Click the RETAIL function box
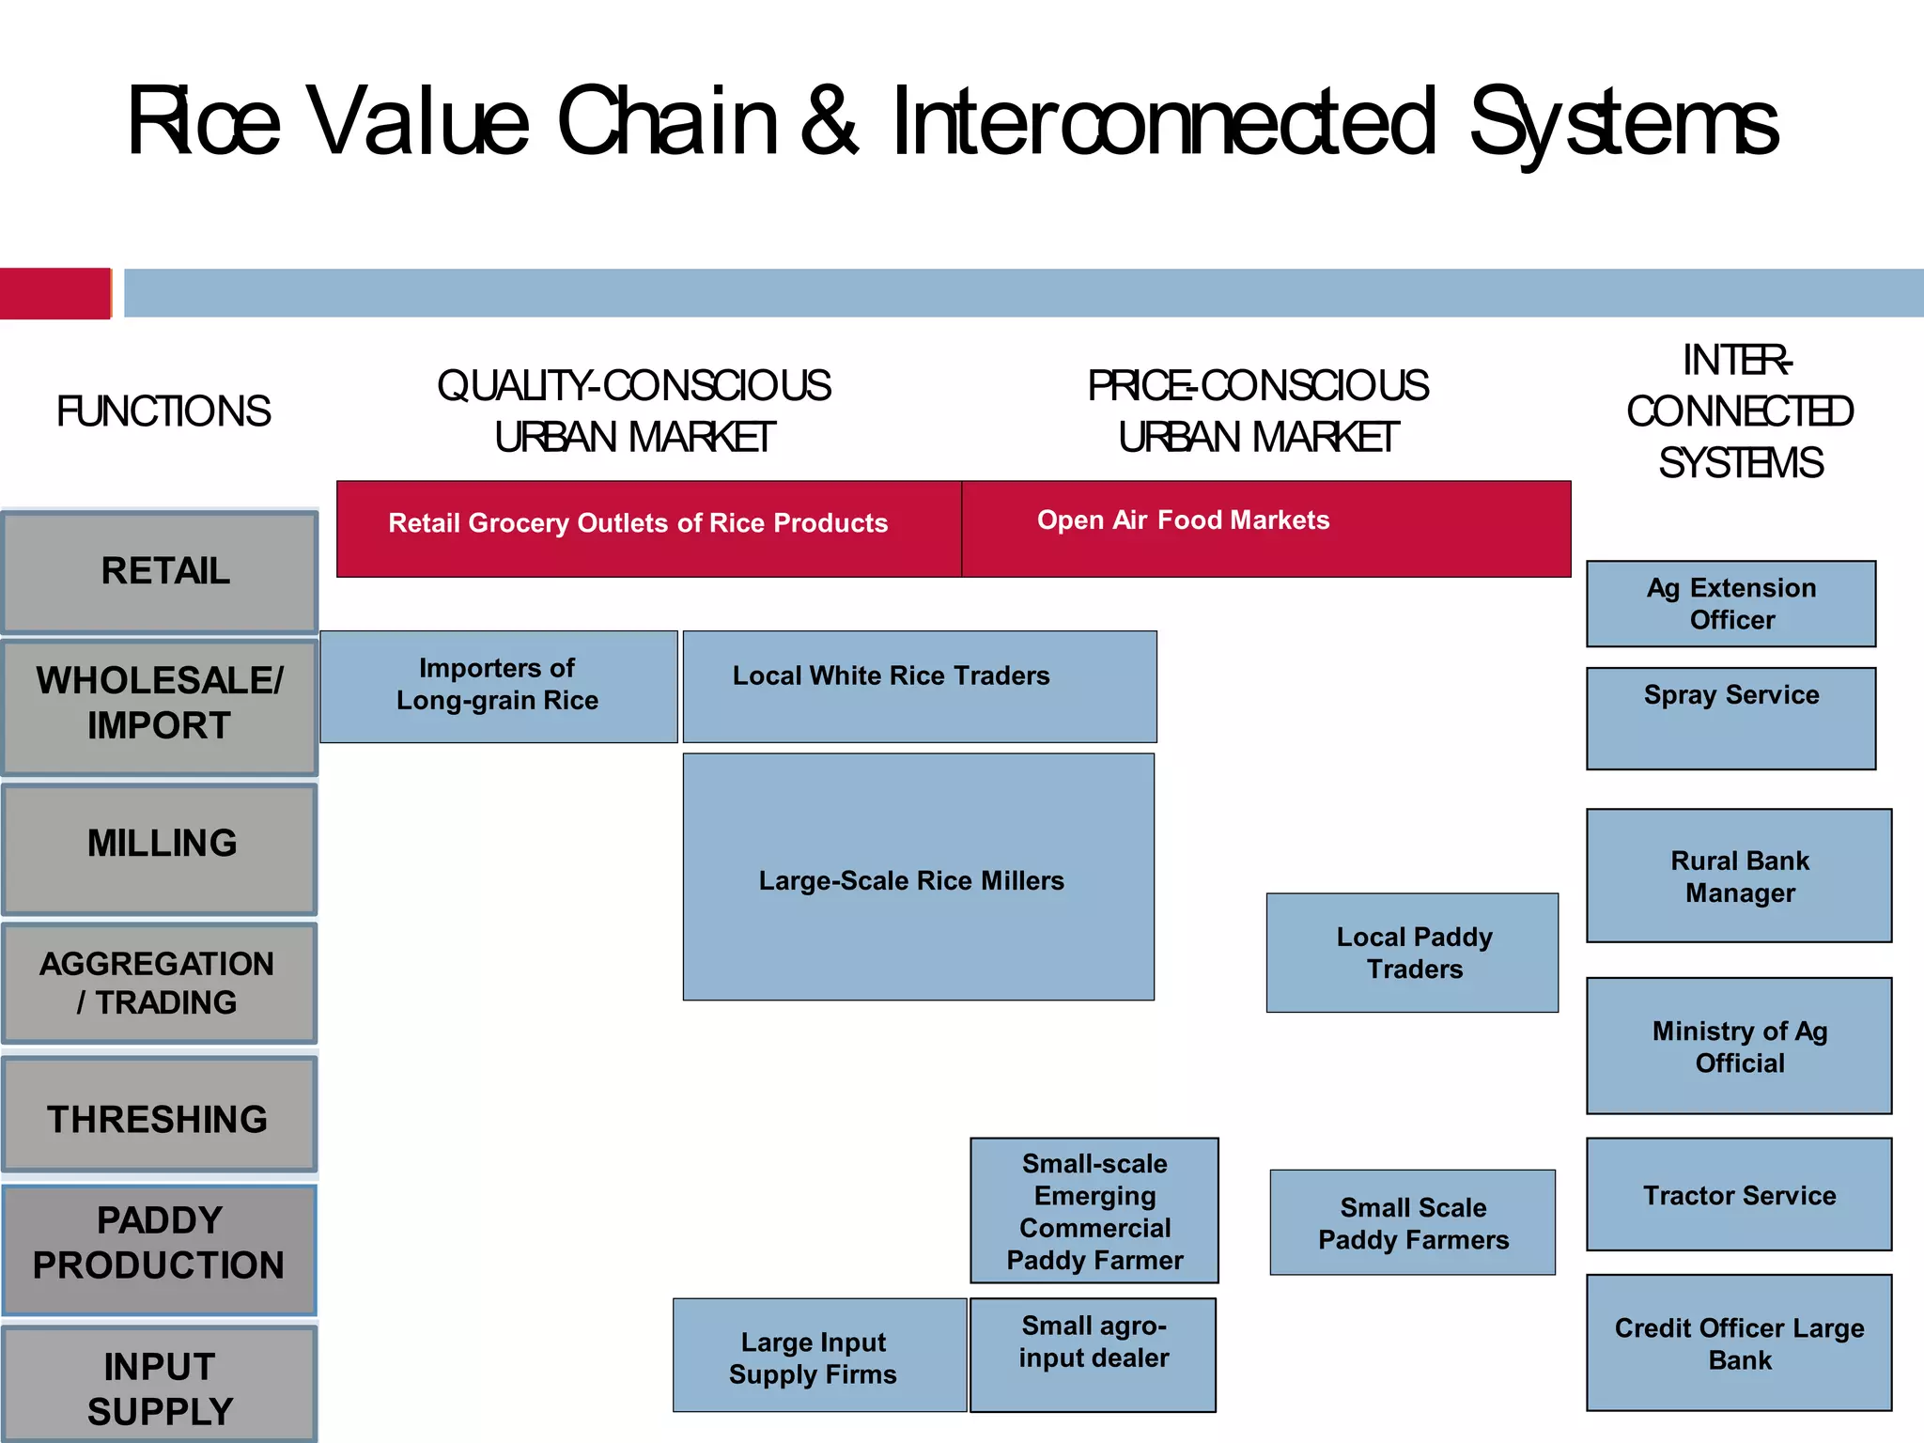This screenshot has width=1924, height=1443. [x=160, y=571]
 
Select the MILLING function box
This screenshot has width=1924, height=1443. [x=160, y=848]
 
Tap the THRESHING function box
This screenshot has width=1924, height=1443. [x=160, y=1115]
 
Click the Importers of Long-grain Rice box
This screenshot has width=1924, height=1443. [x=498, y=687]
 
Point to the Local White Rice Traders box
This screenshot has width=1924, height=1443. [x=919, y=687]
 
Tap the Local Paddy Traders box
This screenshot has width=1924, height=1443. [x=1412, y=953]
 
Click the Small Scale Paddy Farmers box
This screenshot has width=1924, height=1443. [x=1412, y=1222]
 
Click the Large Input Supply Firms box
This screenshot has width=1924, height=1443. [x=818, y=1356]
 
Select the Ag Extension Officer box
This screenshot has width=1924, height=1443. [x=1730, y=604]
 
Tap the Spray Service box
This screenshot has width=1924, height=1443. [x=1730, y=719]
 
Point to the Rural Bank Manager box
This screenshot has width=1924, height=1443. [x=1739, y=876]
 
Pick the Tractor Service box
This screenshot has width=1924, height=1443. [x=1739, y=1194]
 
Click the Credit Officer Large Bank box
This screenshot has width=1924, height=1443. [x=1739, y=1342]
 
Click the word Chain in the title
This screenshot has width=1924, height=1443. [x=668, y=122]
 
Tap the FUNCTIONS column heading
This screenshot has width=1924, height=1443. [x=163, y=411]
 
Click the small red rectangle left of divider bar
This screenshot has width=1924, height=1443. [x=54, y=293]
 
